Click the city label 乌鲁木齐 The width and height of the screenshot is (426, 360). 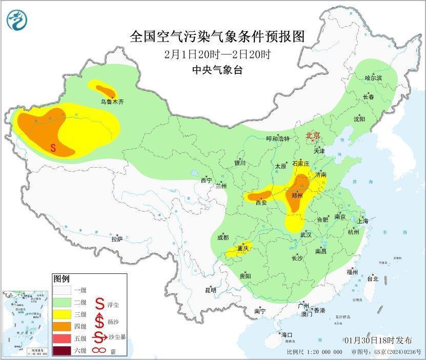point(112,102)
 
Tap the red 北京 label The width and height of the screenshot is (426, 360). point(312,135)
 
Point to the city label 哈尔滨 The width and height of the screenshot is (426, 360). point(373,77)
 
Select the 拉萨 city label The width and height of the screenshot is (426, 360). point(117,238)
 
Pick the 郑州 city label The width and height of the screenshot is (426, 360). point(297,195)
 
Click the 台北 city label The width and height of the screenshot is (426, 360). point(372,279)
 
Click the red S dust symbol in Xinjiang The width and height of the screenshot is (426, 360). point(53,148)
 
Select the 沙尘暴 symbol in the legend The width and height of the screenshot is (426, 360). point(98,337)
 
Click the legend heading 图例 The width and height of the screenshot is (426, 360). point(61,278)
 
